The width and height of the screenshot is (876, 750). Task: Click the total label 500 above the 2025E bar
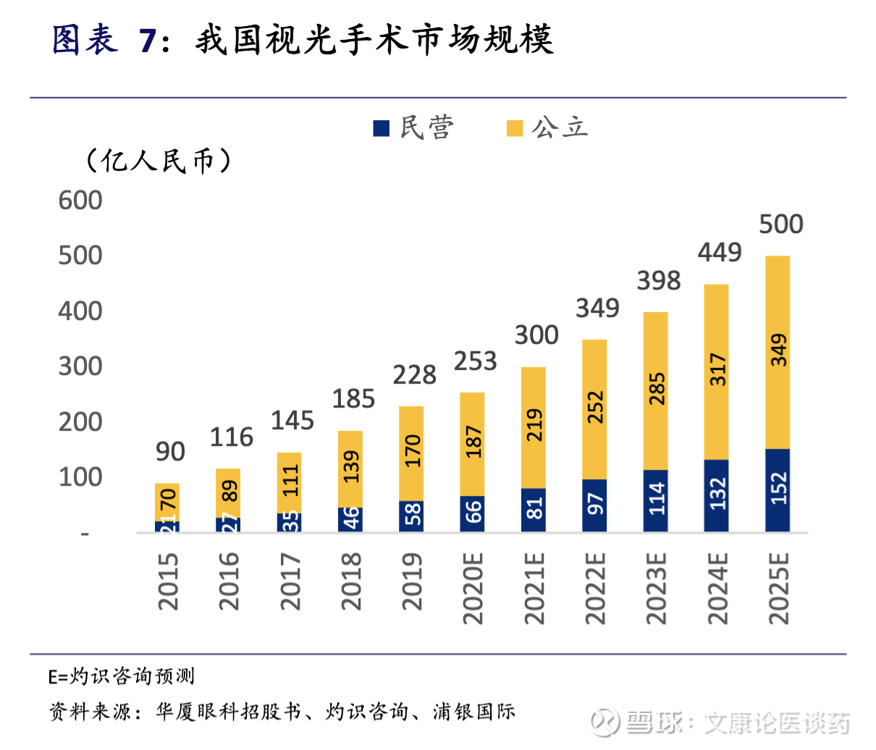(x=781, y=224)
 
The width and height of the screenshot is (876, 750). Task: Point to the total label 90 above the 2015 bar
(x=170, y=452)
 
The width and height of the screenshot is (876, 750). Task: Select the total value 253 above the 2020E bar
(x=475, y=361)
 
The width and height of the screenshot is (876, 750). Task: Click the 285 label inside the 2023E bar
(x=656, y=389)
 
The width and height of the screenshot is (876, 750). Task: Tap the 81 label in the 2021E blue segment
(x=534, y=510)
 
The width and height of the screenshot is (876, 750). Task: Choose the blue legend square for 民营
(x=382, y=128)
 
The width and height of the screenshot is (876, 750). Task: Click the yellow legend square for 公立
(x=514, y=128)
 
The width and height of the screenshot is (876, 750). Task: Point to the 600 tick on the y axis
(x=80, y=201)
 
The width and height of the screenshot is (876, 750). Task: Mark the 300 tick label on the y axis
(x=80, y=366)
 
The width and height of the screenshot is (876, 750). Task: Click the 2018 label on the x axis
(x=351, y=581)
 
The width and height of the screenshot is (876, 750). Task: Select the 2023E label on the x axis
(x=656, y=588)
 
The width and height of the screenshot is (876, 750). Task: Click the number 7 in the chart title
(x=148, y=40)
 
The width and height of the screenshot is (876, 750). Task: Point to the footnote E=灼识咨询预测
(x=122, y=677)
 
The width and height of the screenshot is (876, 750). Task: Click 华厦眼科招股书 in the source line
(x=228, y=712)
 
